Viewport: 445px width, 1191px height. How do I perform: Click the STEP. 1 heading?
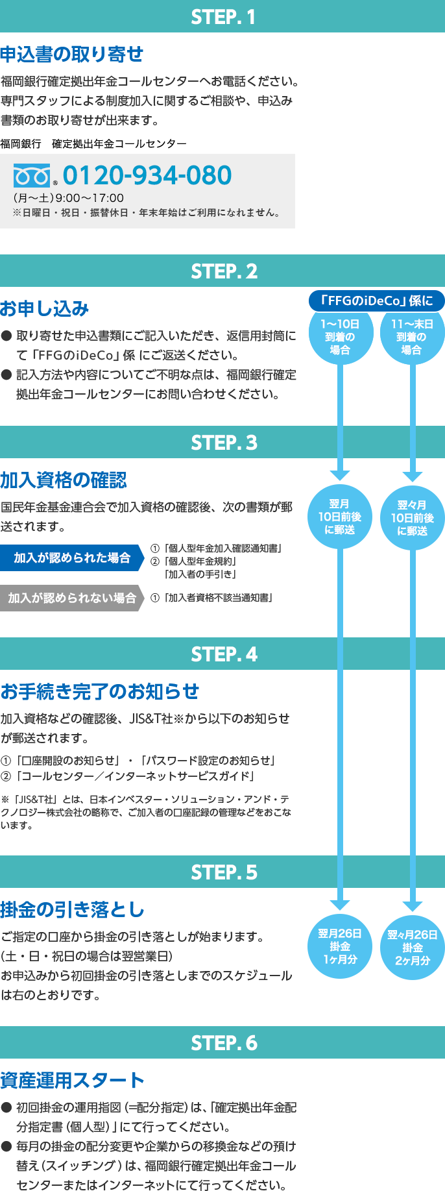223,18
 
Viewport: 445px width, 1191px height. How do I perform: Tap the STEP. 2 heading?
224,271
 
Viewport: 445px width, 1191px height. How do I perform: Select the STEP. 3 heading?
224,443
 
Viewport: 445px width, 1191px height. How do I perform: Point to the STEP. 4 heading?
224,654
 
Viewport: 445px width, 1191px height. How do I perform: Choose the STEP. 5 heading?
224,872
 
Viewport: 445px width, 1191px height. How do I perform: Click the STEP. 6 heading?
224,1043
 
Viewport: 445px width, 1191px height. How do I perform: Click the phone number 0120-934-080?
147,175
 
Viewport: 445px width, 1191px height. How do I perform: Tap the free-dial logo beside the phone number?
32,176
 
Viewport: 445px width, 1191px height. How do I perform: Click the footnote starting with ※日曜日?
147,213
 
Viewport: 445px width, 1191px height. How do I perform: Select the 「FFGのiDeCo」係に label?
376,301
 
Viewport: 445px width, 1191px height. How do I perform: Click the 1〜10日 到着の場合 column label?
340,337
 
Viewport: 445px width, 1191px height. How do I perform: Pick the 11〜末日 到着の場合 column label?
412,337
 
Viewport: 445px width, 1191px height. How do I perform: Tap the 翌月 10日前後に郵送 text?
339,517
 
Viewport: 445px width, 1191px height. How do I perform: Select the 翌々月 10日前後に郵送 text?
412,518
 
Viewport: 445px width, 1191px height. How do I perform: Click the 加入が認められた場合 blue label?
72,558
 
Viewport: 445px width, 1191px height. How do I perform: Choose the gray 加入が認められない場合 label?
72,598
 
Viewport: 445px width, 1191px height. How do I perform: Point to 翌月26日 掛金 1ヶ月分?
340,946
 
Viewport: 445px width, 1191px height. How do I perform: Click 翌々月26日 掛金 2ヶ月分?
413,948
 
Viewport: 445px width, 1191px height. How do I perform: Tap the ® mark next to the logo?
55,184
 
